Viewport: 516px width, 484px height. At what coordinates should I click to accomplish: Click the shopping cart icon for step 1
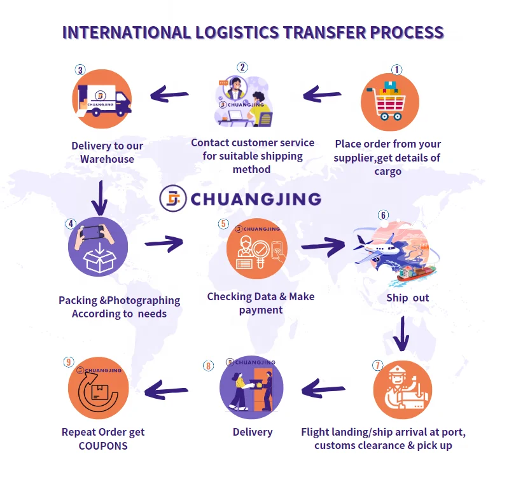point(390,100)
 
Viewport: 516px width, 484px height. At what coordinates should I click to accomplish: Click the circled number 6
point(383,214)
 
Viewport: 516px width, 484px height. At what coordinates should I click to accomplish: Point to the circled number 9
point(69,362)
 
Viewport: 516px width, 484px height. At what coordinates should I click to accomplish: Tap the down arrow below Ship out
point(401,334)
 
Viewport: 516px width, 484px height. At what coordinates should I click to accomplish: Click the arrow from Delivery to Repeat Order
point(167,390)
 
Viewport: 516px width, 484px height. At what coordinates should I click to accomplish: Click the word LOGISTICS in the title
point(245,32)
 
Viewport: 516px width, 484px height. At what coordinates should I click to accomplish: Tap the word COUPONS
point(103,445)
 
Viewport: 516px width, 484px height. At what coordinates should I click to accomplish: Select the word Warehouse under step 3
point(107,159)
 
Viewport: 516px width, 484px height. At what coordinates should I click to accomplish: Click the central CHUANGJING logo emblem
point(172,198)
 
